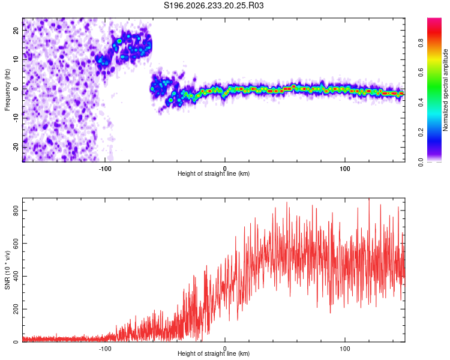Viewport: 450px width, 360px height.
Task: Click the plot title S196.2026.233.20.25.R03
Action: [x=214, y=5]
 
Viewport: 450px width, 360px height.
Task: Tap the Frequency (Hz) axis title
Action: [x=7, y=90]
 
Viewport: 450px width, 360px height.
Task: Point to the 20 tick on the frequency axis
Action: [x=16, y=30]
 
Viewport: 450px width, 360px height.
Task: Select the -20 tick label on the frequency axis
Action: [x=16, y=147]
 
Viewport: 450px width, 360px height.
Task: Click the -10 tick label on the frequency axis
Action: [x=16, y=118]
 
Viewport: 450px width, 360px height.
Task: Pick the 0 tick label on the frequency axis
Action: [x=16, y=89]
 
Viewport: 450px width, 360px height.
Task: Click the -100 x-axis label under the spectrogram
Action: [x=105, y=169]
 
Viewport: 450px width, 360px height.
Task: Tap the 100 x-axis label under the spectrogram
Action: [x=344, y=169]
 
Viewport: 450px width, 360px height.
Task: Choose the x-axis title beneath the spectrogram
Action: [x=214, y=173]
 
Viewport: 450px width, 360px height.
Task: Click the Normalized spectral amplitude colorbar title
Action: [x=445, y=90]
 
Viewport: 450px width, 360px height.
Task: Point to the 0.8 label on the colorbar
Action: [x=421, y=43]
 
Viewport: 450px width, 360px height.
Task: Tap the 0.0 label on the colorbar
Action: [x=421, y=162]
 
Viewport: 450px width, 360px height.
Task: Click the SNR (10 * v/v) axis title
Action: [x=7, y=270]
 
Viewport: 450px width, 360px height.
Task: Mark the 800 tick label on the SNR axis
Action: [x=16, y=211]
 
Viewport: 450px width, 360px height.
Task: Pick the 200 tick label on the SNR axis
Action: [x=16, y=309]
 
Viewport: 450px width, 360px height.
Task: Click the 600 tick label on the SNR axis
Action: [x=16, y=244]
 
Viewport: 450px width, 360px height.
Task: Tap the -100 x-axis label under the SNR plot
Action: [x=105, y=349]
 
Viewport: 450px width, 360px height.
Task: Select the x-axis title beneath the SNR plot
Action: [x=214, y=353]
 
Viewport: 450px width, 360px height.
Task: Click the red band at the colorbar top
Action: [x=434, y=32]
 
